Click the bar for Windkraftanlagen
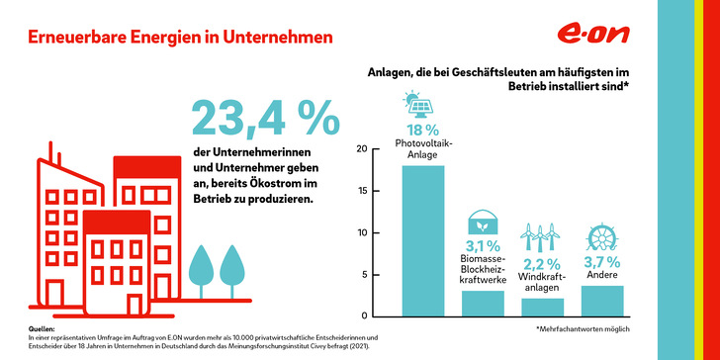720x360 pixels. point(541,307)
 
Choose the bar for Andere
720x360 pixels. point(601,301)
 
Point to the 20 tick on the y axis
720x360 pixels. point(362,149)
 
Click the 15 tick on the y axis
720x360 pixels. point(362,191)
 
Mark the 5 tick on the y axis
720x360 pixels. point(365,274)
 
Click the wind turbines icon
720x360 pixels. point(541,235)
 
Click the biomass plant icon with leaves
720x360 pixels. point(483,223)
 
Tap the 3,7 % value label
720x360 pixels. point(601,262)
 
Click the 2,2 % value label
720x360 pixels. point(541,264)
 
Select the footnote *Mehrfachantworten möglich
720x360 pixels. point(583,327)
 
